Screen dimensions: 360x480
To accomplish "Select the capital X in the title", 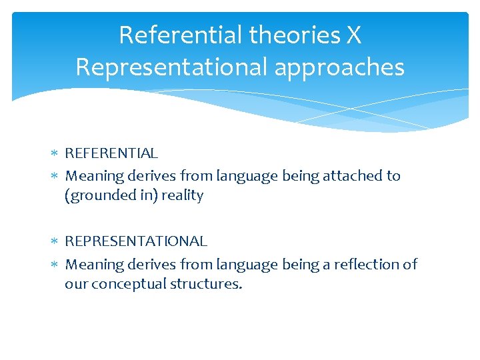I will [353, 35].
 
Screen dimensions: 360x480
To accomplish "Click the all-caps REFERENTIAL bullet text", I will [111, 153].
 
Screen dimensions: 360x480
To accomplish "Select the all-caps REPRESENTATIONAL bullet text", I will [136, 241].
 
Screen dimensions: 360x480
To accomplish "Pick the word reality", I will [182, 196].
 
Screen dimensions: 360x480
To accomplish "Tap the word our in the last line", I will [76, 285].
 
